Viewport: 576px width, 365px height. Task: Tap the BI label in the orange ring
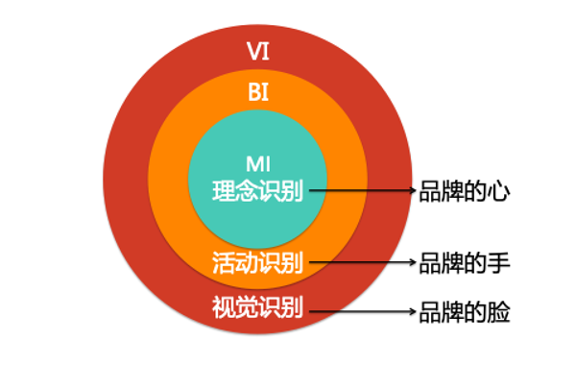257,93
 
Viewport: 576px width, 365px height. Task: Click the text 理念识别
257,191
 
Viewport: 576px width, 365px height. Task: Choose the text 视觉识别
257,309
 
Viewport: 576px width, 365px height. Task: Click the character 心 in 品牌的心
496,191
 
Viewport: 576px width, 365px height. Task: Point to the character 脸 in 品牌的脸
496,310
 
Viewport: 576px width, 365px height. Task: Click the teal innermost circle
257,134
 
